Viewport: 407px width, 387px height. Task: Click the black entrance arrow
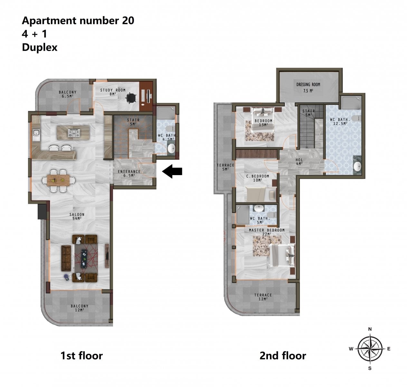click(x=172, y=171)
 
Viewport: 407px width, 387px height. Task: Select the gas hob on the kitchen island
click(x=74, y=133)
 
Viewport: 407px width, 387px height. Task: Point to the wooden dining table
click(x=58, y=180)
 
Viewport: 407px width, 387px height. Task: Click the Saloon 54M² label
click(x=77, y=216)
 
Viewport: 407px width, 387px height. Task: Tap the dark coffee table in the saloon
click(x=84, y=259)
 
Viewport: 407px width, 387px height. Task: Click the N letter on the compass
click(x=370, y=329)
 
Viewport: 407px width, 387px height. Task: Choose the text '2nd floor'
click(x=283, y=356)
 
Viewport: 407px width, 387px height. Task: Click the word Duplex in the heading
click(x=40, y=47)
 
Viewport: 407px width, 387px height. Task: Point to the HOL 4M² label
click(x=299, y=162)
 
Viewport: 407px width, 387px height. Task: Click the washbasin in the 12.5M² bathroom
click(x=357, y=166)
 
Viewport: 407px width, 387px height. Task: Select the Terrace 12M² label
click(x=263, y=297)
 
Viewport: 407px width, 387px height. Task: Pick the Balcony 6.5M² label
click(x=68, y=94)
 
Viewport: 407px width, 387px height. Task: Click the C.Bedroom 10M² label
click(x=258, y=178)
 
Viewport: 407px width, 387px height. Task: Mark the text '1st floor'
click(x=81, y=356)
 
